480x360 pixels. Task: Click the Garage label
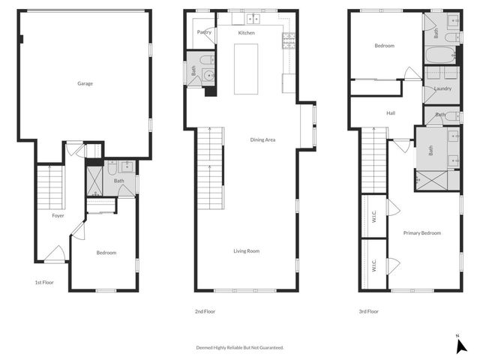coord(85,83)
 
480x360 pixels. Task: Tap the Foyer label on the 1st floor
coord(58,215)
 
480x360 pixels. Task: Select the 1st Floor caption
coord(44,283)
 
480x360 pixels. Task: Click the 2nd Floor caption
coord(205,310)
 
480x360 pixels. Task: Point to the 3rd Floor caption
coord(368,310)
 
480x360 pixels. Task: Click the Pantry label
coord(204,32)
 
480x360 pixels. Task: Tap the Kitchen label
coord(247,33)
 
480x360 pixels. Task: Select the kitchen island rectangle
coord(246,69)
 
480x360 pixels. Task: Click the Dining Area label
coord(262,139)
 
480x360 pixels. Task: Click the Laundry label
coord(442,88)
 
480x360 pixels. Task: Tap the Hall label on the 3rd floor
coord(391,113)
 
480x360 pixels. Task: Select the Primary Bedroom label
coord(421,233)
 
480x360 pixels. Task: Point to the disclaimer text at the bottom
coord(240,347)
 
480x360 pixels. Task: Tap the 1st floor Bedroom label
coord(106,252)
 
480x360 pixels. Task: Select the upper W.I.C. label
coord(373,217)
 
